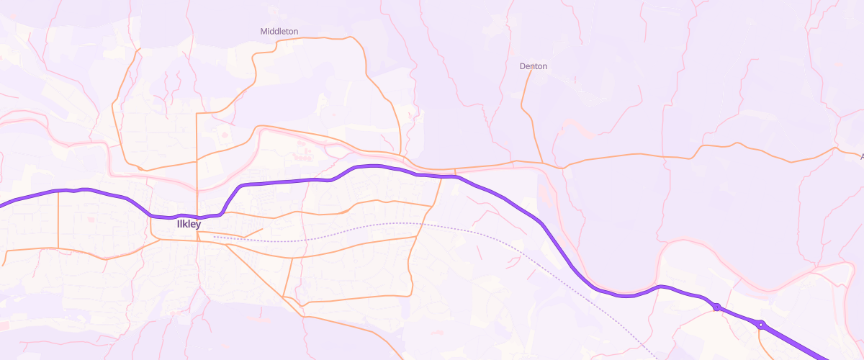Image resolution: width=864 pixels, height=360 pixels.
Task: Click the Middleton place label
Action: point(279,32)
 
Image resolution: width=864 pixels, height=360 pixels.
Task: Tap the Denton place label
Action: point(534,66)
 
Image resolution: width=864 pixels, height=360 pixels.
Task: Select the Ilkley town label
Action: point(189,224)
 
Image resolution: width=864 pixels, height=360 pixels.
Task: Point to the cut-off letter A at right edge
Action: point(861,156)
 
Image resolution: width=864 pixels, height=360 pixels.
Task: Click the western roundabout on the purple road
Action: point(716,307)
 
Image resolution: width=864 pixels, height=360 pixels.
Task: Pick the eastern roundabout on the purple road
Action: point(760,325)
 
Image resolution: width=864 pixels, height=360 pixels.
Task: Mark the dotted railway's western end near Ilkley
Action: point(215,236)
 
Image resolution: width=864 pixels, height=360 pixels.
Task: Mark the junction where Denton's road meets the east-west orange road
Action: point(541,163)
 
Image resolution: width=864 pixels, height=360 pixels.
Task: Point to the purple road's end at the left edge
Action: point(2,204)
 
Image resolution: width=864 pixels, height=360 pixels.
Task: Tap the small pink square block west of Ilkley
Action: point(91,218)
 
